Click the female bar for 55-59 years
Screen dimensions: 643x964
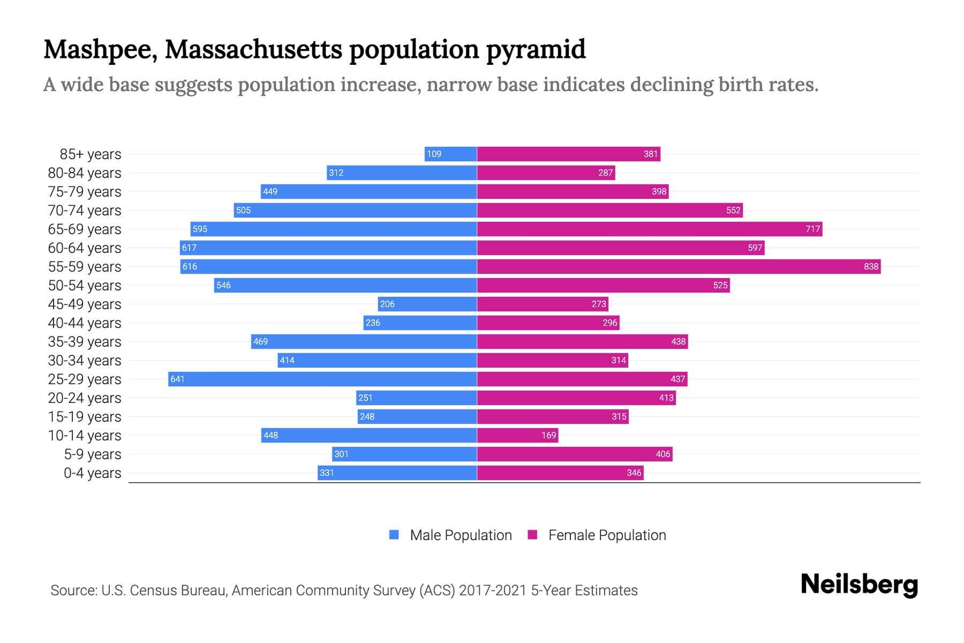point(679,266)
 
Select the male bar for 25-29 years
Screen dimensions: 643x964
point(322,379)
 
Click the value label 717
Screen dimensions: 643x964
point(812,229)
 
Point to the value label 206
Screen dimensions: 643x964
point(387,304)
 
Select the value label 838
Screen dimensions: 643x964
point(871,266)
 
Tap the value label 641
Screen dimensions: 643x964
point(177,379)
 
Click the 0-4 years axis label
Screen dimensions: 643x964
point(92,473)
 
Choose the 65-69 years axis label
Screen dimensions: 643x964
point(85,229)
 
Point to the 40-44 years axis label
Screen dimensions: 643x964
point(85,323)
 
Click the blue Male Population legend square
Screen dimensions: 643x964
point(394,535)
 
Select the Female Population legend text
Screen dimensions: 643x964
point(607,535)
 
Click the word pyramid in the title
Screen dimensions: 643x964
point(536,49)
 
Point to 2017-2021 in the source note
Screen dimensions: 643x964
point(493,590)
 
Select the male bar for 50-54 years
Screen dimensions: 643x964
point(345,285)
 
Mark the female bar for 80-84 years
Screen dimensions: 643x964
point(546,173)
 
